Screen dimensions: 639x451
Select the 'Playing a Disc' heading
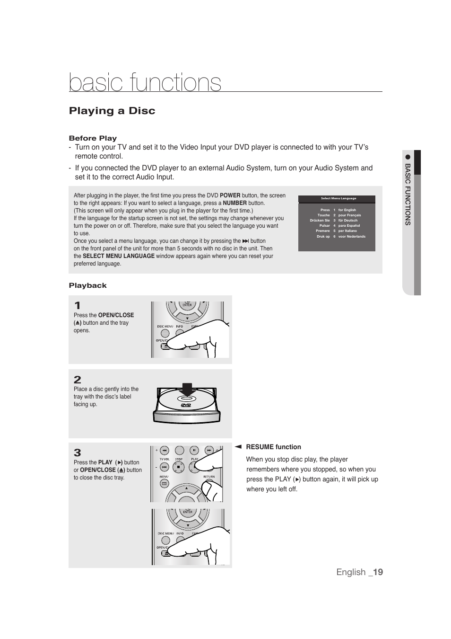pyautogui.click(x=112, y=111)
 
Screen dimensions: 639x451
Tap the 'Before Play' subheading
pyautogui.click(x=93, y=138)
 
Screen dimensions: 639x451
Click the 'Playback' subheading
pyautogui.click(x=88, y=285)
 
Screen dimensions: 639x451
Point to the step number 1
pyautogui.click(x=77, y=305)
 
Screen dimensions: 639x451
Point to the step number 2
pyautogui.click(x=78, y=380)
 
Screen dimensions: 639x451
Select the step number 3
pyautogui.click(x=78, y=453)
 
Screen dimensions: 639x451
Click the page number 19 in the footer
pyautogui.click(x=377, y=572)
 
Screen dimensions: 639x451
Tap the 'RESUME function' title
pyautogui.click(x=273, y=447)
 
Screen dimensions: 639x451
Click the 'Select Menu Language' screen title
pyautogui.click(x=338, y=198)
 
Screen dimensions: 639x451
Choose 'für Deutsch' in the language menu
pyautogui.click(x=347, y=221)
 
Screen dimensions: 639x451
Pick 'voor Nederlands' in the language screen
pyautogui.click(x=352, y=236)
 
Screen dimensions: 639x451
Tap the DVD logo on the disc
pyautogui.click(x=186, y=406)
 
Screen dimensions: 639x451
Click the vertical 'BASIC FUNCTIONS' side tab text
pyautogui.click(x=408, y=194)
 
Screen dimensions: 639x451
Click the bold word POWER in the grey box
pyautogui.click(x=230, y=195)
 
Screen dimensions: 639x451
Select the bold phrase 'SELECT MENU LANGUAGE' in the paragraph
pyautogui.click(x=119, y=256)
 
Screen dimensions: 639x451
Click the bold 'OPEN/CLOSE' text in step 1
pyautogui.click(x=116, y=315)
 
